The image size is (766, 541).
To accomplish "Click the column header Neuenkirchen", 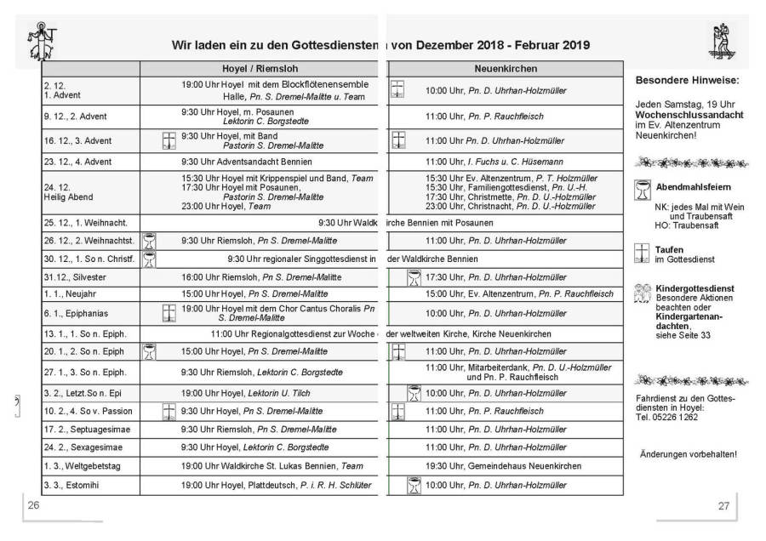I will point(506,69).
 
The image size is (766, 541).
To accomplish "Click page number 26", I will point(35,505).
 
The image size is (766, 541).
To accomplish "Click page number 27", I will point(723,505).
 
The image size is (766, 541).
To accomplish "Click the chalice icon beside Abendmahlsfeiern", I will point(643,191).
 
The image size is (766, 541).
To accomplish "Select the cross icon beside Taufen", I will point(643,253).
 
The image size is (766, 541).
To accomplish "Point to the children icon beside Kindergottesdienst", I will point(643,293).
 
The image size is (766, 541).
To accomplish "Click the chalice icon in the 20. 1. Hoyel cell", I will point(149,350).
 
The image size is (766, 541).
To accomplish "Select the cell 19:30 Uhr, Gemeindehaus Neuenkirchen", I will point(504,466).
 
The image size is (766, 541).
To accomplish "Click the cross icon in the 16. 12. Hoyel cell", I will point(169,140).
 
